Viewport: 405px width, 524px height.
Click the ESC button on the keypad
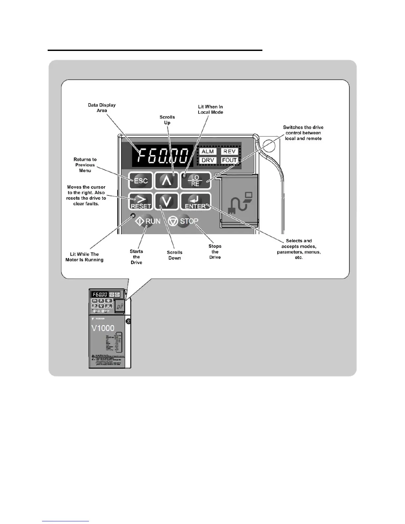coord(141,181)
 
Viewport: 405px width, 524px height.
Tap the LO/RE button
coord(196,181)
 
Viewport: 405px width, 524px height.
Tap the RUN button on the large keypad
coord(148,221)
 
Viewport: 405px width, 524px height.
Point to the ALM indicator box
coord(208,152)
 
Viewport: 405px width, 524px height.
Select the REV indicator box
coord(229,152)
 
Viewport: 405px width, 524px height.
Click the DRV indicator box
coord(208,160)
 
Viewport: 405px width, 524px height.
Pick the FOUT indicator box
coord(229,160)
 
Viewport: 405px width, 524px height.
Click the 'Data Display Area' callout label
coord(102,108)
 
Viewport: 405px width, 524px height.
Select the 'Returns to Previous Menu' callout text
coord(85,165)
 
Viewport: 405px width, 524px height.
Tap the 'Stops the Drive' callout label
coord(215,251)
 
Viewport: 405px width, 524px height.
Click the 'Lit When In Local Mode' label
coord(210,109)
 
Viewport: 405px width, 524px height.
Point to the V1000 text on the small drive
coord(103,328)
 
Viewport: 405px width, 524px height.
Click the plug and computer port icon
coord(240,202)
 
